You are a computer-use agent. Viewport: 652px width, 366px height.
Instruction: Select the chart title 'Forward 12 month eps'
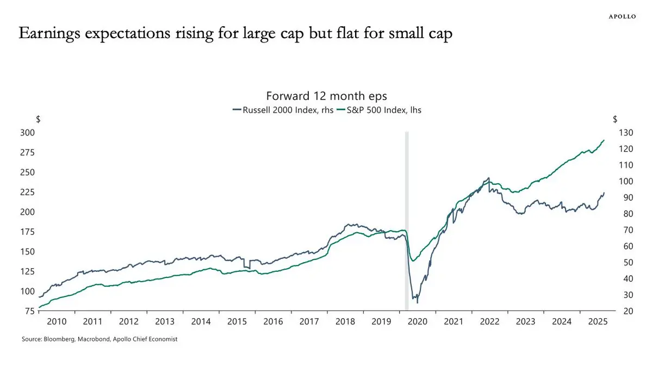(x=326, y=96)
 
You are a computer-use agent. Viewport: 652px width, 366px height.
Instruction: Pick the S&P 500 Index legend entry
(x=379, y=109)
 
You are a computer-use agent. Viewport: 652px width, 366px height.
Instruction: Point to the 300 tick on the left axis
(x=27, y=133)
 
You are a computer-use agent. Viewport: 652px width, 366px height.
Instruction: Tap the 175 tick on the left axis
(x=27, y=232)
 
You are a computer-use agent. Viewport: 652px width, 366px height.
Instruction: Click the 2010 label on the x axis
(x=57, y=321)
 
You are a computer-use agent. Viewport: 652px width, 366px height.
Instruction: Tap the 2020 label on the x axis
(x=417, y=321)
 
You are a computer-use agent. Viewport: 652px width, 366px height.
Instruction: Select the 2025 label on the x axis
(x=597, y=321)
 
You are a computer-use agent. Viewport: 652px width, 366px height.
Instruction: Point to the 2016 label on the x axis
(x=273, y=321)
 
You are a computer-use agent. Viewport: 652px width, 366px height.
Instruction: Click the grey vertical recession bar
(x=407, y=218)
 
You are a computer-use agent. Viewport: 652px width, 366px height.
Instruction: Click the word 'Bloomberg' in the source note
(x=58, y=339)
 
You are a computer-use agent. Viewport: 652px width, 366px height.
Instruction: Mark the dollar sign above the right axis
(x=614, y=119)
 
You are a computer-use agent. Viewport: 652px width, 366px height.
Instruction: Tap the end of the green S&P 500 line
(x=604, y=140)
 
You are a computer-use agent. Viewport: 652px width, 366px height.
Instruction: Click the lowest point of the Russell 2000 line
(x=417, y=302)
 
